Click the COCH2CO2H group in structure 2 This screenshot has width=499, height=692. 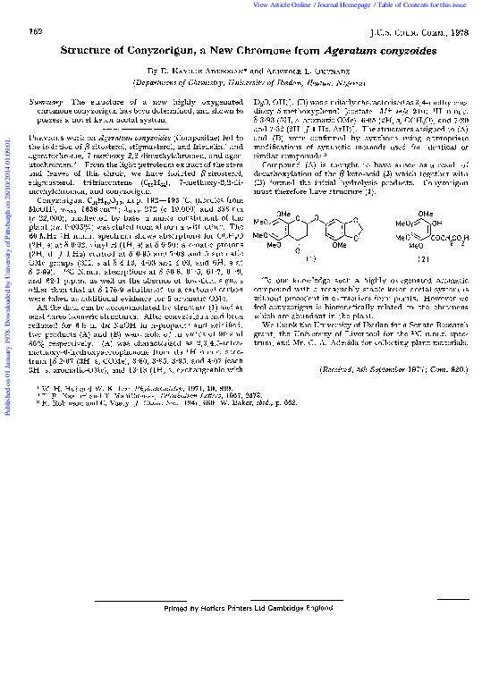(x=444, y=240)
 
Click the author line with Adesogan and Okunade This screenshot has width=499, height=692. (x=249, y=69)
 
